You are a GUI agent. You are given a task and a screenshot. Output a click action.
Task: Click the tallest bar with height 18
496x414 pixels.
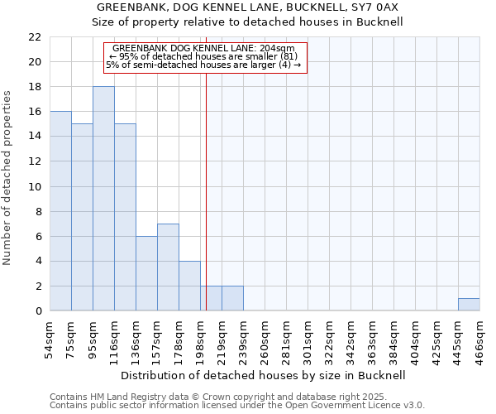(103, 199)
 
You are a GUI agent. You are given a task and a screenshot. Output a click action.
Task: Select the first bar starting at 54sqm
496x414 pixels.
(60, 211)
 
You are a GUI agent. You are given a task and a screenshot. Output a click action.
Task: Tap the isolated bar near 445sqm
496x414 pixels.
(469, 305)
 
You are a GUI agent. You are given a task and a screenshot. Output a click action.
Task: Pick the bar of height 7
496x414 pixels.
(168, 267)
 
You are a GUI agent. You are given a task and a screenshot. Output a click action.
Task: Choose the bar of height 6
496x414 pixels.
(146, 273)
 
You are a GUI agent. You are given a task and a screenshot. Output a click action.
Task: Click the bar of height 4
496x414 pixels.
(189, 286)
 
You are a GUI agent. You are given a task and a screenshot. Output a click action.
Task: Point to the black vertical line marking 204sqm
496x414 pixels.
(206, 166)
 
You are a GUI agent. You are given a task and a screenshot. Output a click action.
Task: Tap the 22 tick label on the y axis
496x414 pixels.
(35, 37)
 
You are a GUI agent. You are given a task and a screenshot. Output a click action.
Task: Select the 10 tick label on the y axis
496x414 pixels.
(35, 186)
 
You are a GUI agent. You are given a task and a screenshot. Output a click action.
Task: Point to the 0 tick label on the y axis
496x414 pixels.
(38, 311)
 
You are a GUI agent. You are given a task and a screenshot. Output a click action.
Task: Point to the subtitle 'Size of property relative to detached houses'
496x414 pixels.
(248, 22)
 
